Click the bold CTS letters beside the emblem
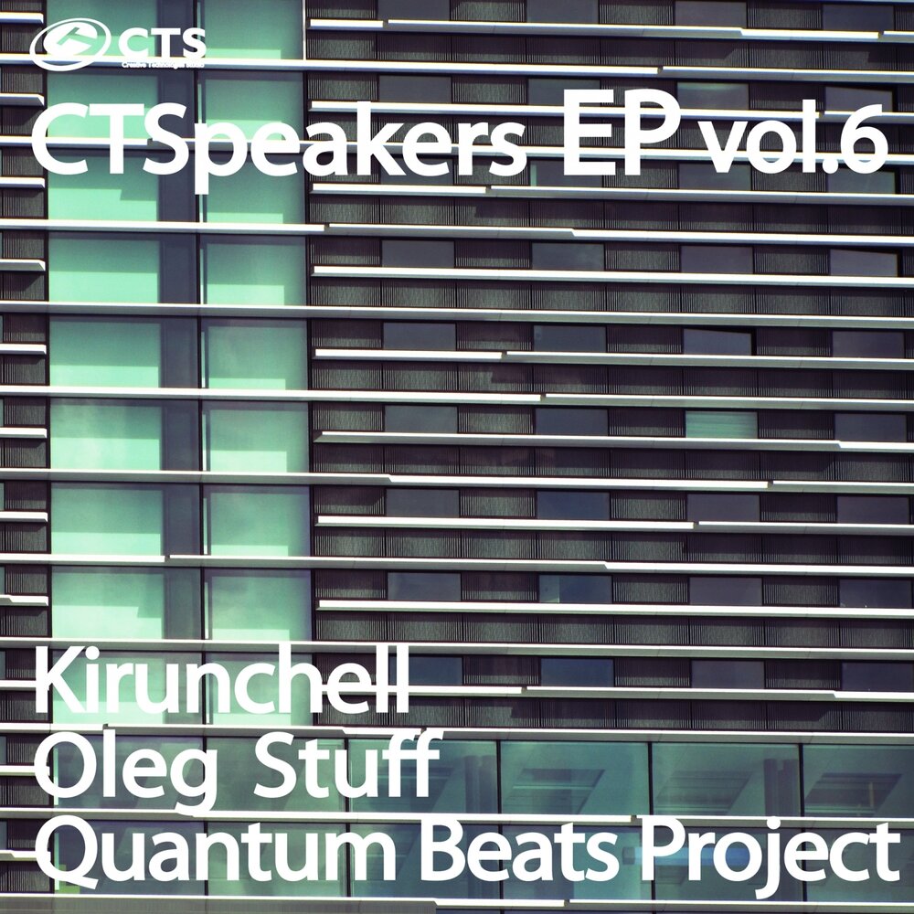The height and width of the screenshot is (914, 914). tap(163, 42)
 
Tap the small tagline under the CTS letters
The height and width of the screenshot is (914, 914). tap(163, 65)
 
